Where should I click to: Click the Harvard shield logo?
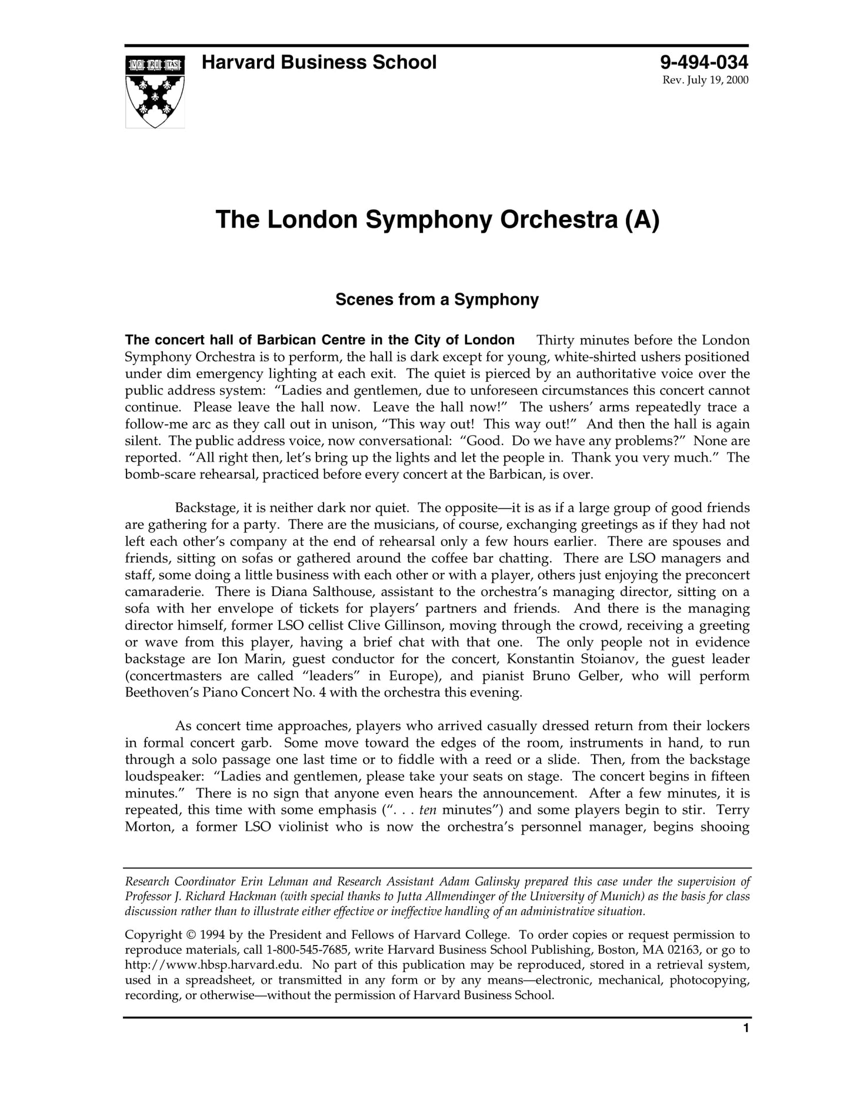click(x=155, y=92)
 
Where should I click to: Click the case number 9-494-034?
click(x=704, y=62)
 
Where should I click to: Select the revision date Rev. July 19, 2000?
click(x=705, y=81)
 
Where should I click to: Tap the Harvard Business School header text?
click(x=319, y=62)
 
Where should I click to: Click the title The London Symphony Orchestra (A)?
click(x=438, y=219)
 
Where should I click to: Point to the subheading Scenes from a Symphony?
click(x=437, y=300)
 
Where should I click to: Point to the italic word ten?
click(x=428, y=810)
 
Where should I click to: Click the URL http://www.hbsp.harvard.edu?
click(x=214, y=965)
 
